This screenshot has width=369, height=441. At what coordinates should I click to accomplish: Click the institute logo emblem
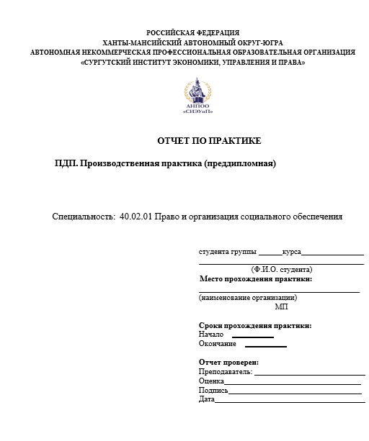pyautogui.click(x=200, y=96)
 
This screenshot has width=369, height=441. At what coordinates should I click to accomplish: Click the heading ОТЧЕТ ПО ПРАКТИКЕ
pyautogui.click(x=209, y=140)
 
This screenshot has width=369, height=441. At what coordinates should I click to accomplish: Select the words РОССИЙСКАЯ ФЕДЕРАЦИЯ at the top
pyautogui.click(x=193, y=33)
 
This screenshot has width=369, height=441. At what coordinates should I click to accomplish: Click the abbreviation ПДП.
pyautogui.click(x=66, y=163)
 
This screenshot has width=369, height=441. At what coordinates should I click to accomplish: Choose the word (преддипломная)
pyautogui.click(x=241, y=163)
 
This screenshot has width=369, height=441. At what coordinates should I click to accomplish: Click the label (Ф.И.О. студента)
pyautogui.click(x=282, y=269)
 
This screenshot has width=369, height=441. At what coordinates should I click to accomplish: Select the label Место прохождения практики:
pyautogui.click(x=255, y=279)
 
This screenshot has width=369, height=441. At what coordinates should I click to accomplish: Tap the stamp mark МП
pyautogui.click(x=281, y=306)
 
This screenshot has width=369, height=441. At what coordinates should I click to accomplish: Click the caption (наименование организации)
pyautogui.click(x=248, y=297)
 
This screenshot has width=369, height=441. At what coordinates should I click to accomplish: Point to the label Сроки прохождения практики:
pyautogui.click(x=254, y=325)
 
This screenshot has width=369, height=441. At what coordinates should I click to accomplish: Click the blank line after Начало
pyautogui.click(x=253, y=336)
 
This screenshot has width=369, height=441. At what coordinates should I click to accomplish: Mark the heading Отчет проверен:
pyautogui.click(x=228, y=362)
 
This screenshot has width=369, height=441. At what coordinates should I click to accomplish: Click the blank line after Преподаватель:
pyautogui.click(x=310, y=373)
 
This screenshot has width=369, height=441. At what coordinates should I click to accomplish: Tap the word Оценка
pyautogui.click(x=210, y=381)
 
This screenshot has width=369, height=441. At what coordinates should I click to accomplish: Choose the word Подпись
pyautogui.click(x=213, y=390)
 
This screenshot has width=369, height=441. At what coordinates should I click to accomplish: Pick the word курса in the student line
pyautogui.click(x=292, y=253)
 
